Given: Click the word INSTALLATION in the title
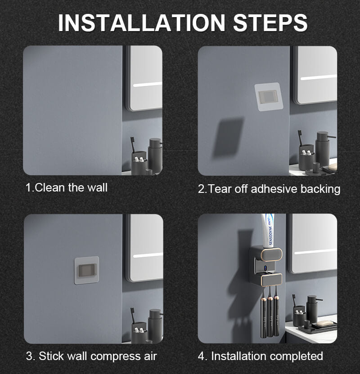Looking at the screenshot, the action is (x=142, y=22).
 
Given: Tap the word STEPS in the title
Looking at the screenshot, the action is (x=270, y=22).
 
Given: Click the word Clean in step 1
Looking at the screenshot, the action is (x=50, y=187).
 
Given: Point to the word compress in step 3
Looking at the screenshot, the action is (x=116, y=356).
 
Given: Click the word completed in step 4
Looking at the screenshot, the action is (x=296, y=356).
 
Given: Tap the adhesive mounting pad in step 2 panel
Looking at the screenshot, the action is (x=269, y=97).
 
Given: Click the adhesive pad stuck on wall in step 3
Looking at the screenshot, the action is (x=87, y=270).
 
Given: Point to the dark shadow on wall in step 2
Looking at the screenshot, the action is (x=228, y=137).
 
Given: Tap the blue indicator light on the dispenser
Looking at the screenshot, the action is (x=265, y=269).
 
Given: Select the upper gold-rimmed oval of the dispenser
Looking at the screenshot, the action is (x=271, y=254).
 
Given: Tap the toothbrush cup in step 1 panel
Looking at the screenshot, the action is (x=139, y=162).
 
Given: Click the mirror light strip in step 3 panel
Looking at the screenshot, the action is (x=148, y=255).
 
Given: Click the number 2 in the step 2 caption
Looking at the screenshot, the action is (x=201, y=189).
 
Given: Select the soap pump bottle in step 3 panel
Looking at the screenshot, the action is (x=155, y=326).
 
